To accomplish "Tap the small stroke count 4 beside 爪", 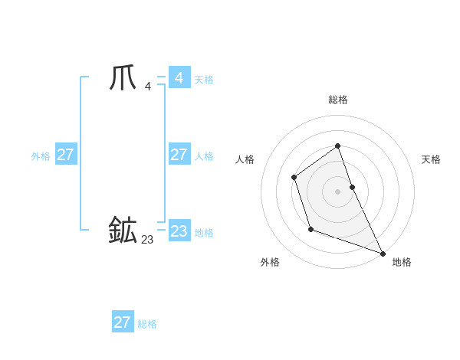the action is pos(147,86).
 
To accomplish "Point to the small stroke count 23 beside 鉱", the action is pos(147,240).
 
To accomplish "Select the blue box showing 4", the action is pos(179,78).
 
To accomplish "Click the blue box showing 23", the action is pos(179,231).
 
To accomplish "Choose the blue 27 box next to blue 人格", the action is pos(179,155).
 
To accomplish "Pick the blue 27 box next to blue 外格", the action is pos(65,155).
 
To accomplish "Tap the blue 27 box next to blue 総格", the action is pos(122,322).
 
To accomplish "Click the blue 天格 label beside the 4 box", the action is pos(204,80).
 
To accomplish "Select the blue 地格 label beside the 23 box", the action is pos(204,233).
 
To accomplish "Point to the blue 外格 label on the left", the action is pos(41,156).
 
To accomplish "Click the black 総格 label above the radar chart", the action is pos(338,100).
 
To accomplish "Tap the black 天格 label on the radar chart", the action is pos(431,159).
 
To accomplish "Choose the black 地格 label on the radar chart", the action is pos(402,262).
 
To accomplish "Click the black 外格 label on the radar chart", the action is pos(270,262).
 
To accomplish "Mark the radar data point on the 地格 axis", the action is pos(383,253).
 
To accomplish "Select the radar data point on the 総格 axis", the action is pos(337,146).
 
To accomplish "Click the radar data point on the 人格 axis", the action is pos(294,178).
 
